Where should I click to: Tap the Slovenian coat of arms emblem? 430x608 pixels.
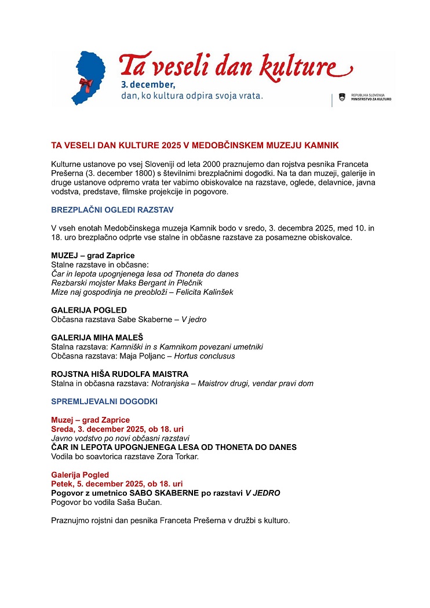click(x=342, y=97)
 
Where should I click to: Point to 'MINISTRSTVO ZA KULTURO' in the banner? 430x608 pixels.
click(x=371, y=99)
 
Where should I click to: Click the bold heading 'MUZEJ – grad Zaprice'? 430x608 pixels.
click(x=93, y=255)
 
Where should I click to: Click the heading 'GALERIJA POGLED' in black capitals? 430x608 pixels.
click(x=89, y=310)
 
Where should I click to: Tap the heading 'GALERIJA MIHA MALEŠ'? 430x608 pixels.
click(x=97, y=338)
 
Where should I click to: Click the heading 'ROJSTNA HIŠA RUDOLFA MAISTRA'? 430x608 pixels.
click(x=119, y=374)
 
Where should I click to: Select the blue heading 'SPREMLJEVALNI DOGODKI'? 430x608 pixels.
click(x=104, y=401)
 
